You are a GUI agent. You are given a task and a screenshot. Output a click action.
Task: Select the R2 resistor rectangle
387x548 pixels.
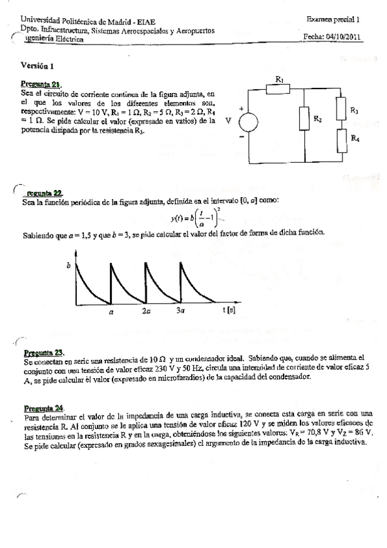click(304, 118)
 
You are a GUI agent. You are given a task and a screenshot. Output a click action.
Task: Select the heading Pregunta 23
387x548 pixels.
click(43, 352)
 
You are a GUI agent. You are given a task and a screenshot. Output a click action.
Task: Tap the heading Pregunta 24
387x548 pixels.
click(43, 408)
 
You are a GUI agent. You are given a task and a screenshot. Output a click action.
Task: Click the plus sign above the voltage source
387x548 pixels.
click(240, 109)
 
